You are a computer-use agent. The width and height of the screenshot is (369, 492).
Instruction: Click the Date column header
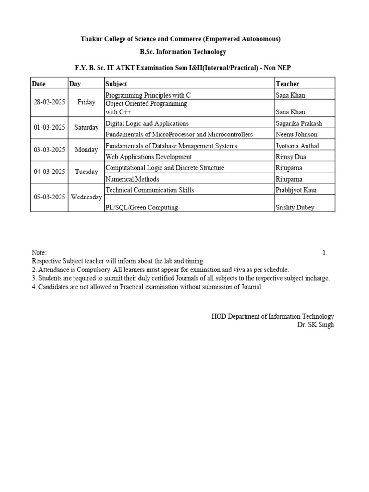point(38,84)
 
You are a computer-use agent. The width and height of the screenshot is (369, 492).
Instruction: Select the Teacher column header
point(287,84)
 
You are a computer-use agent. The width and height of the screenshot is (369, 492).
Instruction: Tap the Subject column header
point(116,84)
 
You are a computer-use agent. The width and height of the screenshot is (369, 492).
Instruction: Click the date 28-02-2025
point(49,102)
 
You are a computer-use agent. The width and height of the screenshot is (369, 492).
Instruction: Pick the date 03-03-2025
point(49,150)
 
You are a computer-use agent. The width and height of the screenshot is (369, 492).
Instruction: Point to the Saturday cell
point(86,128)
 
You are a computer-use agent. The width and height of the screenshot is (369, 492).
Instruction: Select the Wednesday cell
point(86,197)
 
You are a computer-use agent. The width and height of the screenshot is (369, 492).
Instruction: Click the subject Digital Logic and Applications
point(147,123)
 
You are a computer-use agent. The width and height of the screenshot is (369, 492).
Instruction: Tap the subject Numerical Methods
point(132,179)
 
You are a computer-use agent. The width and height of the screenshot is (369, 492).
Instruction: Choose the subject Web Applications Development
point(148,157)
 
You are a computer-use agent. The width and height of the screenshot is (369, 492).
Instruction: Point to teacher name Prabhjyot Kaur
point(296,190)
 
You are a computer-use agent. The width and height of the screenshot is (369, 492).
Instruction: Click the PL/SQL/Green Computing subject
point(141,208)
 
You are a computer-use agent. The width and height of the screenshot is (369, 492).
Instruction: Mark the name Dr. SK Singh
point(316,325)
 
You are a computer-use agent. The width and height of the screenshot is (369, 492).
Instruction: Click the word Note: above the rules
point(39,253)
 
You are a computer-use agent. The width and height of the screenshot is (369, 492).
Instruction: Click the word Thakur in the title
point(91,39)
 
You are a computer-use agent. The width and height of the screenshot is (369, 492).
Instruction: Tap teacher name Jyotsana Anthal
point(297,146)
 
